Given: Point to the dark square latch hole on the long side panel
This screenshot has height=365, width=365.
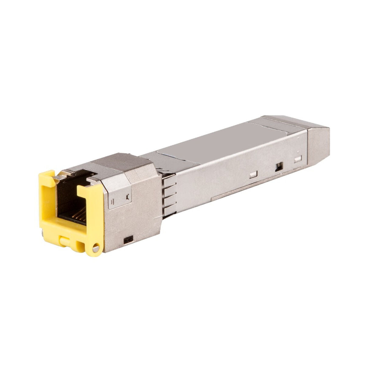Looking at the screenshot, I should (278, 166).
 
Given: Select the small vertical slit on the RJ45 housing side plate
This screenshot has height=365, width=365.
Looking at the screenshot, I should (113, 202).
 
